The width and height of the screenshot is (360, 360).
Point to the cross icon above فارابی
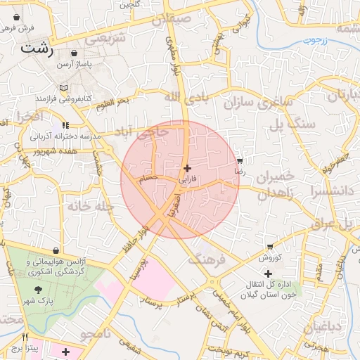click(186, 169)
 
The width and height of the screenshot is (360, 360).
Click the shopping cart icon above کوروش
click(270, 246)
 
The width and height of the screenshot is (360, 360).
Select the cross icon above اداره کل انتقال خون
click(268, 273)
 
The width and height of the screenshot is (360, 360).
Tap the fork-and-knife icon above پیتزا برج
click(25, 337)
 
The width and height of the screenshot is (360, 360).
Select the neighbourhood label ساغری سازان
click(258, 103)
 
